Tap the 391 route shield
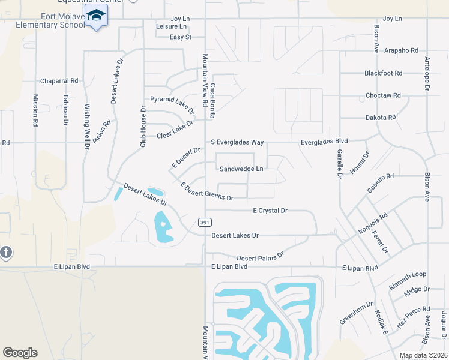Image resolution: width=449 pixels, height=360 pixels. (x=205, y=222)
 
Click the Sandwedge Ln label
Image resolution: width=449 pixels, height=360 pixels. (x=241, y=169)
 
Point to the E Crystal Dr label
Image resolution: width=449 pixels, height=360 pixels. (x=270, y=211)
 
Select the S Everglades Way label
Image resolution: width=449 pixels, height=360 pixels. (x=237, y=142)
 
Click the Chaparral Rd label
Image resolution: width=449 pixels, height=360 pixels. (x=59, y=80)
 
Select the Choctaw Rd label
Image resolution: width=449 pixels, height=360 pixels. (x=383, y=95)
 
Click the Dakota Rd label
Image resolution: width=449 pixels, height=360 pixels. (x=381, y=118)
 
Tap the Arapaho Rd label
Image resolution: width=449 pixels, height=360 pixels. (x=401, y=50)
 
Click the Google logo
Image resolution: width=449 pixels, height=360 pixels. (x=20, y=353)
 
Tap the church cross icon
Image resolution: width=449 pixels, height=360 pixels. (x=5, y=252)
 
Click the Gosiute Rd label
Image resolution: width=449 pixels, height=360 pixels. (x=381, y=185)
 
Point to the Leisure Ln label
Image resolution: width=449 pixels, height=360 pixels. (x=171, y=27)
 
